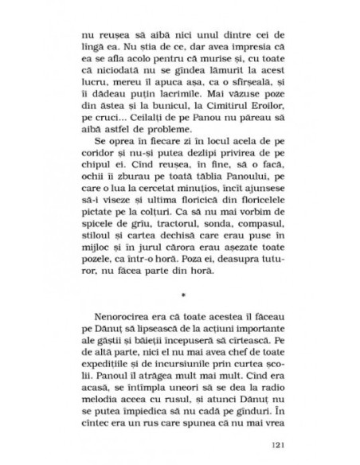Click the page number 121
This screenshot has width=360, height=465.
[x=276, y=444]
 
